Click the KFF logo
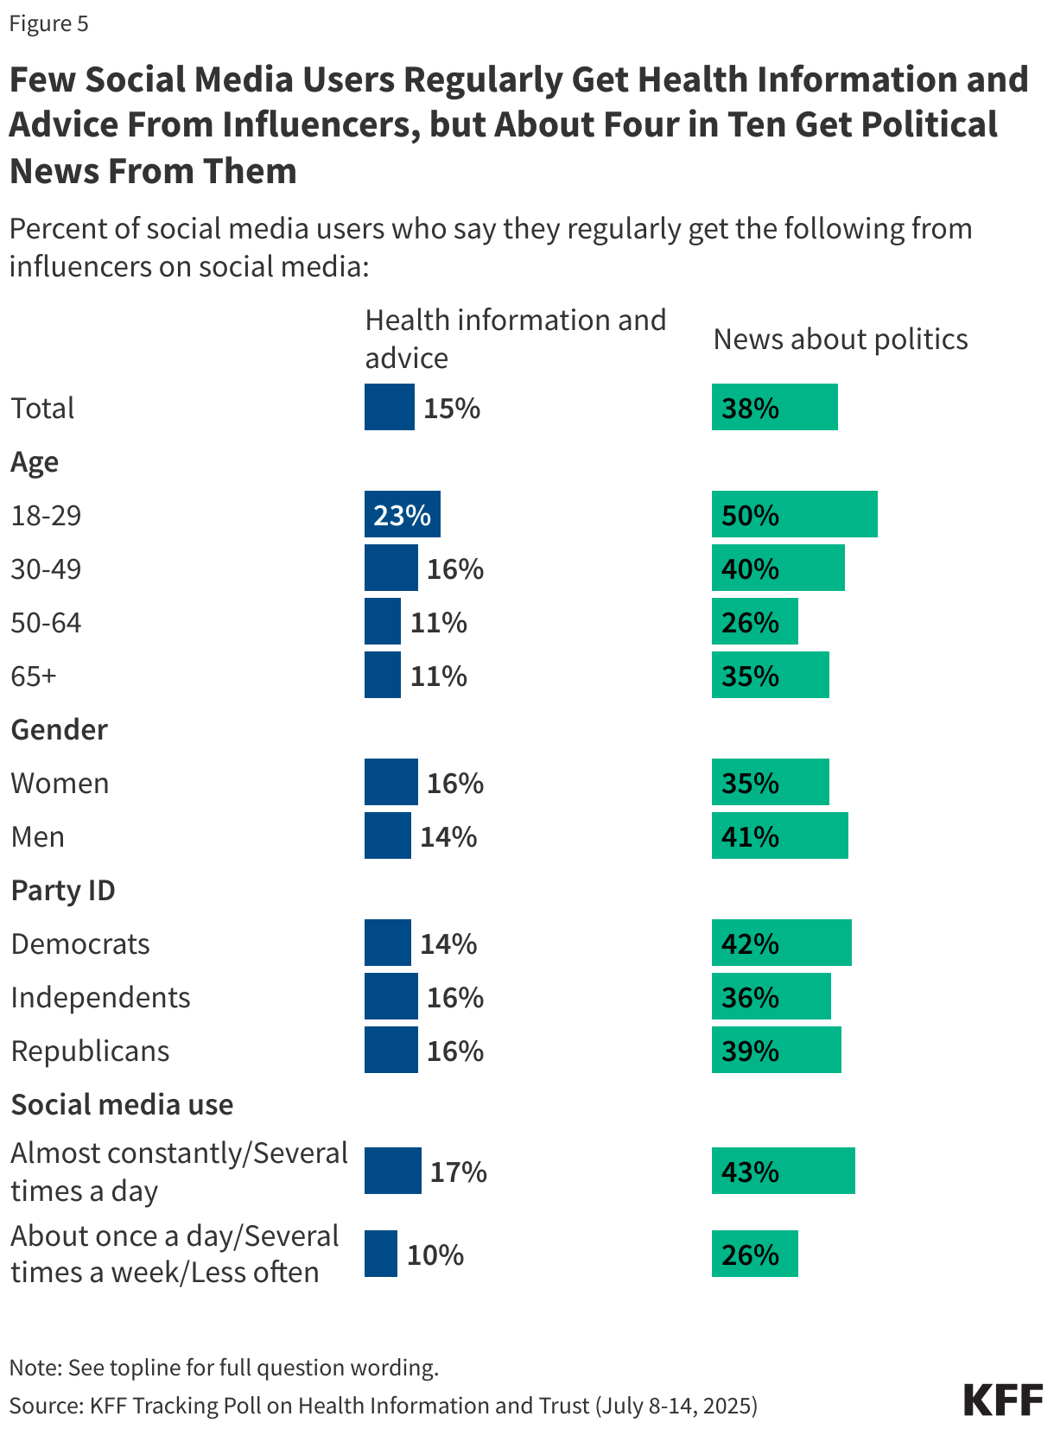pos(1002,1400)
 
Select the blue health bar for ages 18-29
pos(402,515)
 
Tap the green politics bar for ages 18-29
pos(794,515)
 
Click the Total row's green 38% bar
pos(774,408)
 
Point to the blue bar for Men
pos(387,836)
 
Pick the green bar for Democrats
pos(781,943)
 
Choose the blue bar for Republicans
pos(390,1051)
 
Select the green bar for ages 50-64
pos(754,622)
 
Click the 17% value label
pos(458,1172)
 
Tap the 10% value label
pos(435,1255)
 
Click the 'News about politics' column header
pos(840,340)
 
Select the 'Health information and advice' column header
pos(515,339)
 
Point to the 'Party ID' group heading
pos(63,891)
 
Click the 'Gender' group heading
pos(59,730)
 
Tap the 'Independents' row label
pos(100,998)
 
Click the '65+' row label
pos(34,676)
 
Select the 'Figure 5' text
pos(48,23)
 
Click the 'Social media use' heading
pos(122,1105)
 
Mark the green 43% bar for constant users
pos(783,1172)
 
